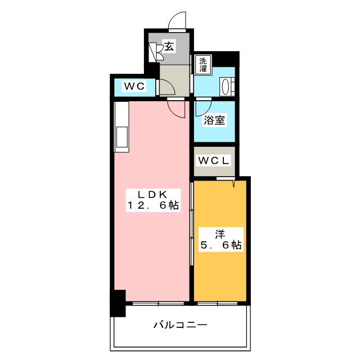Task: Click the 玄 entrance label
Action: pos(169,46)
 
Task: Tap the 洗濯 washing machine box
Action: pos(201,65)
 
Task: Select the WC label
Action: pos(135,86)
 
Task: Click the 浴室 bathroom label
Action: pos(214,120)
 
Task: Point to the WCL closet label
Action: pos(214,160)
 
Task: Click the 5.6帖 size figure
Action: pos(220,245)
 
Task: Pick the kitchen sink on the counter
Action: pos(122,137)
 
